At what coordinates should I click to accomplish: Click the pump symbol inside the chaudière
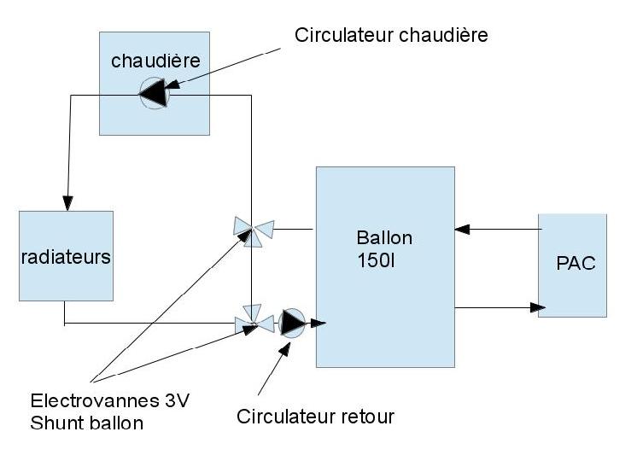coord(155,94)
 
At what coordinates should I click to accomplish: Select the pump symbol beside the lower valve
coord(291,322)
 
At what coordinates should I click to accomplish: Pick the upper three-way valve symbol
coord(253,230)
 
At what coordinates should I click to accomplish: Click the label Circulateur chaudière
coord(391,35)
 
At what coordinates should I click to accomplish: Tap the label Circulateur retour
coord(316,417)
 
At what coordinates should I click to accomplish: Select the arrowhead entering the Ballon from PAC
coord(462,229)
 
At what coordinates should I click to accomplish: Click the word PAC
coord(576,264)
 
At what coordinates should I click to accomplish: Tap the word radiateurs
coord(66,257)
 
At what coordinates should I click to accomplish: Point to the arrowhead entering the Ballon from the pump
coord(318,323)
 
